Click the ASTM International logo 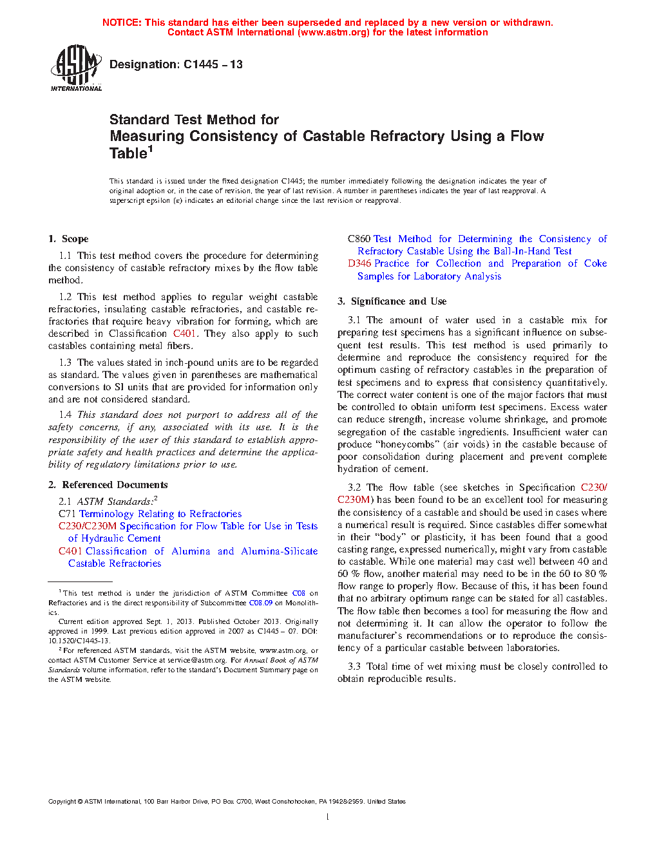point(76,68)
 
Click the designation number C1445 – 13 point(213,64)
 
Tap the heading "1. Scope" point(68,239)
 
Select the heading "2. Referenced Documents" point(108,485)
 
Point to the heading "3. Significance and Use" point(392,301)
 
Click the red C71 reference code point(67,514)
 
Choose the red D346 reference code point(359,263)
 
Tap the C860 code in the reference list point(359,239)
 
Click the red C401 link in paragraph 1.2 point(184,334)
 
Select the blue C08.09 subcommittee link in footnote point(260,603)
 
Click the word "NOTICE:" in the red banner point(122,23)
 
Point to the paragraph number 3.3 point(354,666)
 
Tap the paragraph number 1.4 point(65,415)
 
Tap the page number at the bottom point(328,817)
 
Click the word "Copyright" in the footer point(62,802)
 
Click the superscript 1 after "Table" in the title point(151,149)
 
